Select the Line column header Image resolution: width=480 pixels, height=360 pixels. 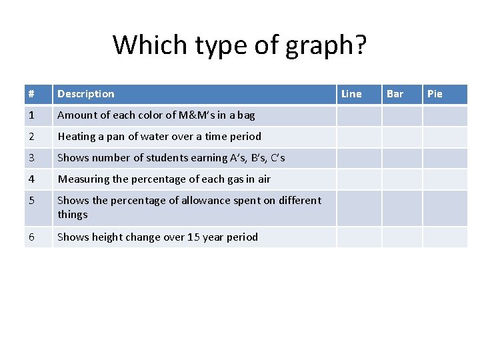tap(351, 94)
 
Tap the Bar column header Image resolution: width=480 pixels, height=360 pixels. tap(395, 94)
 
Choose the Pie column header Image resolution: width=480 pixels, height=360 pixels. tap(435, 94)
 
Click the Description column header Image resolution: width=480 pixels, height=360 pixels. tap(85, 94)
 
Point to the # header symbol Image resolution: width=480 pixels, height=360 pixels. tap(31, 94)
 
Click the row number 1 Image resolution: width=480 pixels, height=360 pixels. tap(31, 115)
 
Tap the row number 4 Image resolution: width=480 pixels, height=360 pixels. tap(31, 179)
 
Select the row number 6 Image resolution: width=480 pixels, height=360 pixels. tap(31, 237)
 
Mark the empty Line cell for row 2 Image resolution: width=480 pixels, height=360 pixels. tap(359, 137)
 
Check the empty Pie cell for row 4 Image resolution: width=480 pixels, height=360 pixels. tap(445, 179)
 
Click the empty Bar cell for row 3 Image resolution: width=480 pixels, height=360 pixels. tap(402, 158)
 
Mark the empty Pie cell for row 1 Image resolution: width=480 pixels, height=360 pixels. tap(445, 115)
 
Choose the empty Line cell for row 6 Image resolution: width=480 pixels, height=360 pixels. tap(359, 237)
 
